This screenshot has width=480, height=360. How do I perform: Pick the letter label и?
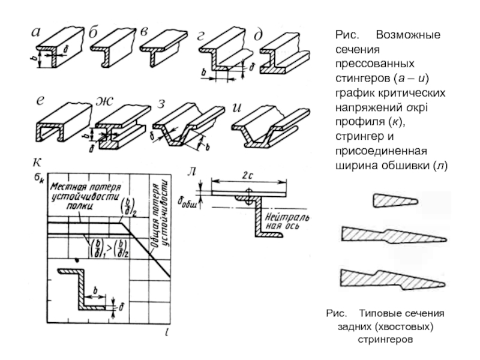coord(236,107)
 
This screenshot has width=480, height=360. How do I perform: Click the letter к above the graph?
coord(38,161)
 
